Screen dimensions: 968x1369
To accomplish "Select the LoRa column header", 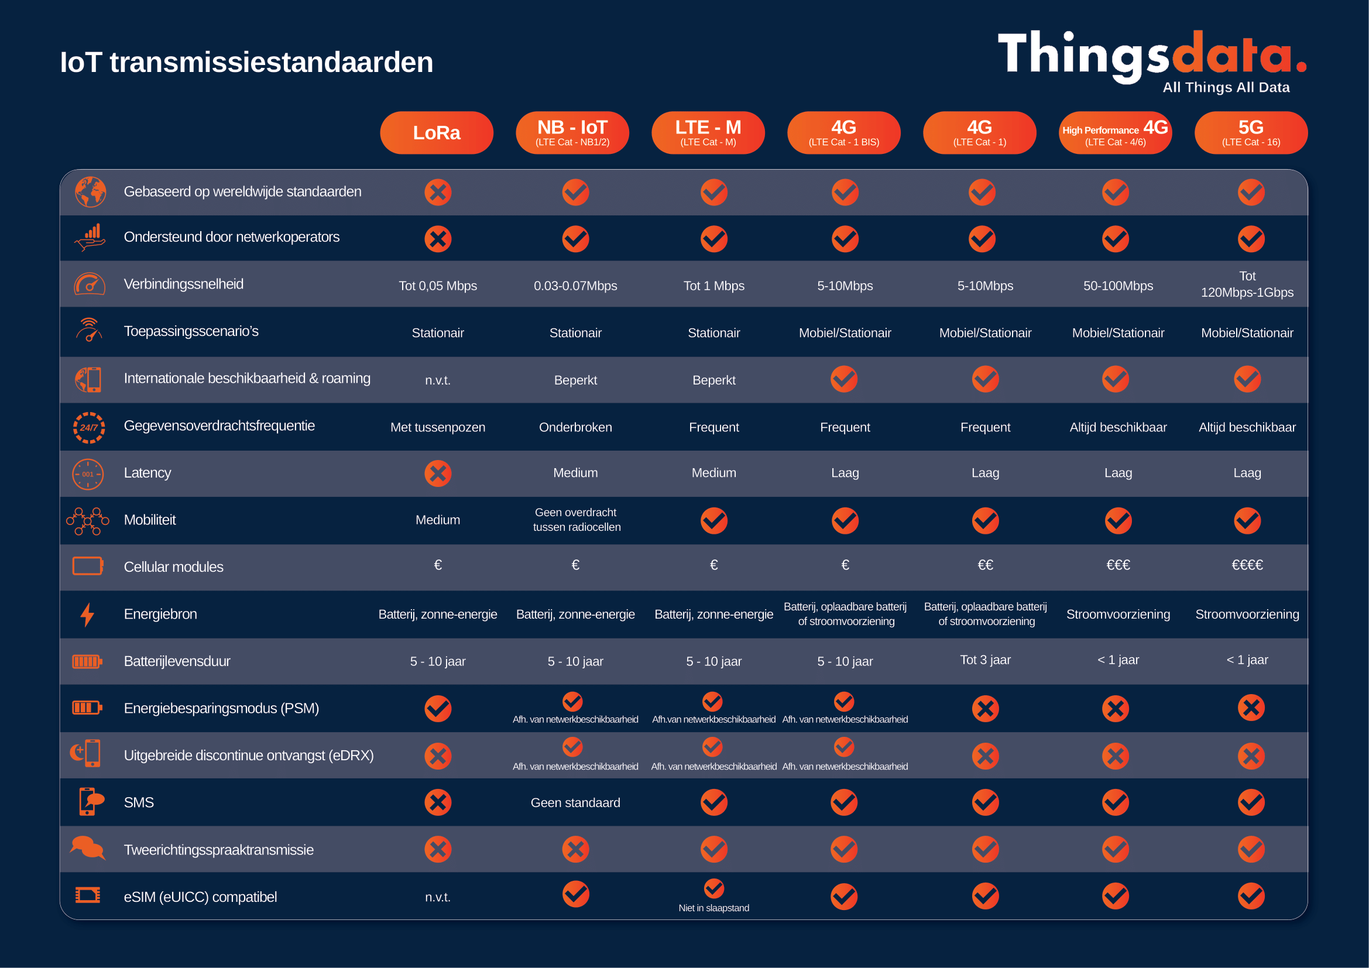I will pyautogui.click(x=437, y=132).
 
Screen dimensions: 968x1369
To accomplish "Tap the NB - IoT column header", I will pyautogui.click(x=572, y=132).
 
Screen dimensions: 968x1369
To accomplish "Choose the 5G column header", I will pyautogui.click(x=1250, y=132).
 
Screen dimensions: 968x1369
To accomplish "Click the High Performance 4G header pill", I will pyautogui.click(x=1114, y=132).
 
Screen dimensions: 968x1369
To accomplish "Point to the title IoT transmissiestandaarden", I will pyautogui.click(x=246, y=62).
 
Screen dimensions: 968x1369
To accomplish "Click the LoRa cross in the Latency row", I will pyautogui.click(x=438, y=473).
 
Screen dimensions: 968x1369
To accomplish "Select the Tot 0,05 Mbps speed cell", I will pyautogui.click(x=438, y=286).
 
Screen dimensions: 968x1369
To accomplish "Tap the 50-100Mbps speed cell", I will pyautogui.click(x=1118, y=286).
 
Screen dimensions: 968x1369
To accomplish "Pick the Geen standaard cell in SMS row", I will pyautogui.click(x=575, y=802).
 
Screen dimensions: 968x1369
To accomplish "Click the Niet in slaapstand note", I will pyautogui.click(x=713, y=908).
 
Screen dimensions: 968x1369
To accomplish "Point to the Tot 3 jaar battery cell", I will pyautogui.click(x=985, y=660).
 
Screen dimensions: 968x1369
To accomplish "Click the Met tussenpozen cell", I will pyautogui.click(x=438, y=427).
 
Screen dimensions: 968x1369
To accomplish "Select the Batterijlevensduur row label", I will pyautogui.click(x=177, y=661).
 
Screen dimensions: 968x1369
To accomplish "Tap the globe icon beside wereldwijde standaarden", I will pyautogui.click(x=90, y=192).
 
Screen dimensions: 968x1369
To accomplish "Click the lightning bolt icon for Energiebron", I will pyautogui.click(x=88, y=615).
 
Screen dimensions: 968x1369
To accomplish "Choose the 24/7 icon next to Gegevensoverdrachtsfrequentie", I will pyautogui.click(x=89, y=427).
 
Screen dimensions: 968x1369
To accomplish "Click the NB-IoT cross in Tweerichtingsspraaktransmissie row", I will pyautogui.click(x=575, y=849).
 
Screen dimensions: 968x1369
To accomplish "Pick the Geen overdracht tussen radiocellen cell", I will pyautogui.click(x=577, y=519).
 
